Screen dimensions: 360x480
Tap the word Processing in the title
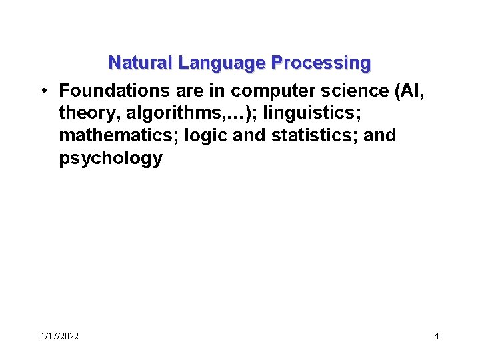point(321,63)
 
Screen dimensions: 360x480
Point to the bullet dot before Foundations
point(42,89)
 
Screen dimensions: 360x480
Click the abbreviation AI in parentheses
point(411,89)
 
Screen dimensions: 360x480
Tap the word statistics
point(313,135)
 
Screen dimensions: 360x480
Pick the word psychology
point(111,159)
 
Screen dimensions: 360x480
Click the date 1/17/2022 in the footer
point(59,336)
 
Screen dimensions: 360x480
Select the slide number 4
point(436,336)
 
